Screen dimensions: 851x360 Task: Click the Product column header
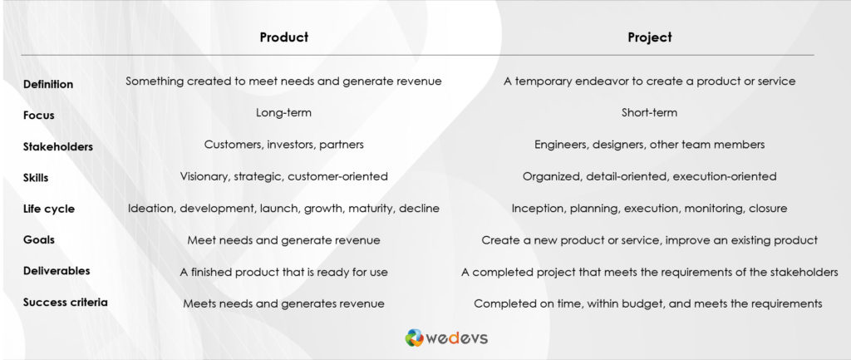tap(284, 37)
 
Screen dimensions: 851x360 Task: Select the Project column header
tap(650, 37)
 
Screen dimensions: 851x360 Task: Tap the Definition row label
tap(48, 84)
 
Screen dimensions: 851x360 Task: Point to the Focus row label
tap(38, 115)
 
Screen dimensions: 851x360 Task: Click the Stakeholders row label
tap(58, 146)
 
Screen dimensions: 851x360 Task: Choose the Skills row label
tap(36, 178)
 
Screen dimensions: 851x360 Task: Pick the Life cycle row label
tap(49, 209)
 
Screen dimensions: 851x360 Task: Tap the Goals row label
tap(39, 239)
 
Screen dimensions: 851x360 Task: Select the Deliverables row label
tap(57, 270)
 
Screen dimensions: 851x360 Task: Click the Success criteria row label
tap(65, 302)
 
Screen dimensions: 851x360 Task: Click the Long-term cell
tap(284, 113)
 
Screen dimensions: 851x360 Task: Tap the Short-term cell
tap(650, 113)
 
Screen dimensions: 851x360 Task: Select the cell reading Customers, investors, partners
tap(284, 145)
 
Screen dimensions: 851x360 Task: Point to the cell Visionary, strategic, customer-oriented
tap(284, 176)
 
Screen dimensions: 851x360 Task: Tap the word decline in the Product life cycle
tap(420, 209)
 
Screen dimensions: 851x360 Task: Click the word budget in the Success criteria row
tap(645, 303)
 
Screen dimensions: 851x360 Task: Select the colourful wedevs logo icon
tap(414, 338)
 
